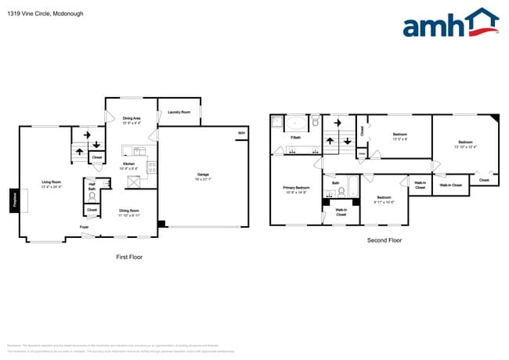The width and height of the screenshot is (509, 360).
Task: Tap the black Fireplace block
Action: tap(13, 201)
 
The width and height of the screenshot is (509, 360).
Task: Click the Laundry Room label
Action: tap(179, 112)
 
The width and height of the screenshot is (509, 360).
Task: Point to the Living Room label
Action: tap(52, 184)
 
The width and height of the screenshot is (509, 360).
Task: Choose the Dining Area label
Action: tap(132, 120)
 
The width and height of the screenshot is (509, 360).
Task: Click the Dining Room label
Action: tap(128, 211)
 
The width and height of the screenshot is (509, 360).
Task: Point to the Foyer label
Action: tap(83, 228)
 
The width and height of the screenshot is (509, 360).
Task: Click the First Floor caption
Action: tap(128, 257)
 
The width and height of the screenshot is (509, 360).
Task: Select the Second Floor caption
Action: tap(384, 240)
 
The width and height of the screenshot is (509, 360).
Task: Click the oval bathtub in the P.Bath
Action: tap(296, 123)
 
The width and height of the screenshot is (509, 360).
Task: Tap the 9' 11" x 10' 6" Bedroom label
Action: tap(384, 199)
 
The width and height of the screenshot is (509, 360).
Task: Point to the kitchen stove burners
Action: tap(152, 166)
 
